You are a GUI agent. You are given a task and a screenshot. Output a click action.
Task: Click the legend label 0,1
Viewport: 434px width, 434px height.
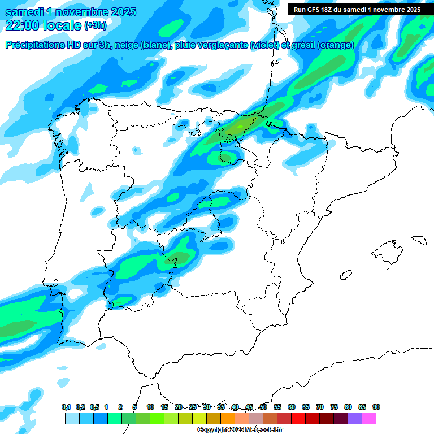66,407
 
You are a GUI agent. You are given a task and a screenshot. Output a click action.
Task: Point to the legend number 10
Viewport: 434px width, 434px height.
150,407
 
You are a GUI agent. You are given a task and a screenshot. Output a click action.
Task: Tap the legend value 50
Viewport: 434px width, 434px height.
263,407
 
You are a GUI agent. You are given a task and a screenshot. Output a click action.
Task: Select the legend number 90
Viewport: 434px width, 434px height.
376,407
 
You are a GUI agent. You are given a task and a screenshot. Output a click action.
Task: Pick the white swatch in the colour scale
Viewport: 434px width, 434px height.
58,418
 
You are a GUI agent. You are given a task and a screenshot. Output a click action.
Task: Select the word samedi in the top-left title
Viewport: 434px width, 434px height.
24,12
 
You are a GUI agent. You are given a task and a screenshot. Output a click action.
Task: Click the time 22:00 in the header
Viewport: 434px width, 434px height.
22,25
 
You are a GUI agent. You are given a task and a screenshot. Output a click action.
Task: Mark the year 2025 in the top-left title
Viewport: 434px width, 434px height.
120,12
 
